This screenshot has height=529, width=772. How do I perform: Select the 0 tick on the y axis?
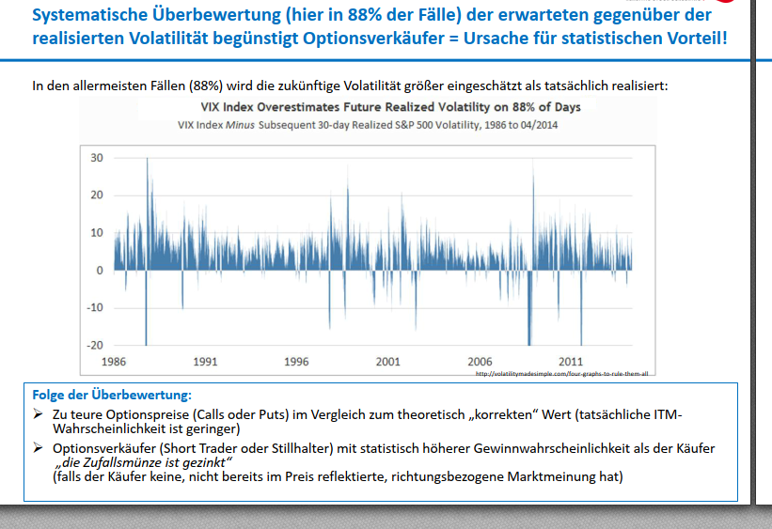tap(99, 271)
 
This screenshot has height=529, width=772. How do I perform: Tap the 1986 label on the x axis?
tap(114, 362)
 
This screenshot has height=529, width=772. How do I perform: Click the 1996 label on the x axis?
tap(296, 362)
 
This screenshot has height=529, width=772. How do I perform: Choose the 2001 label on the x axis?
tap(387, 362)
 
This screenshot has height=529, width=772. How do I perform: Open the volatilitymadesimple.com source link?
tap(563, 373)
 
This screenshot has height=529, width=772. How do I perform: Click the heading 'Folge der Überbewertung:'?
tap(112, 396)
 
